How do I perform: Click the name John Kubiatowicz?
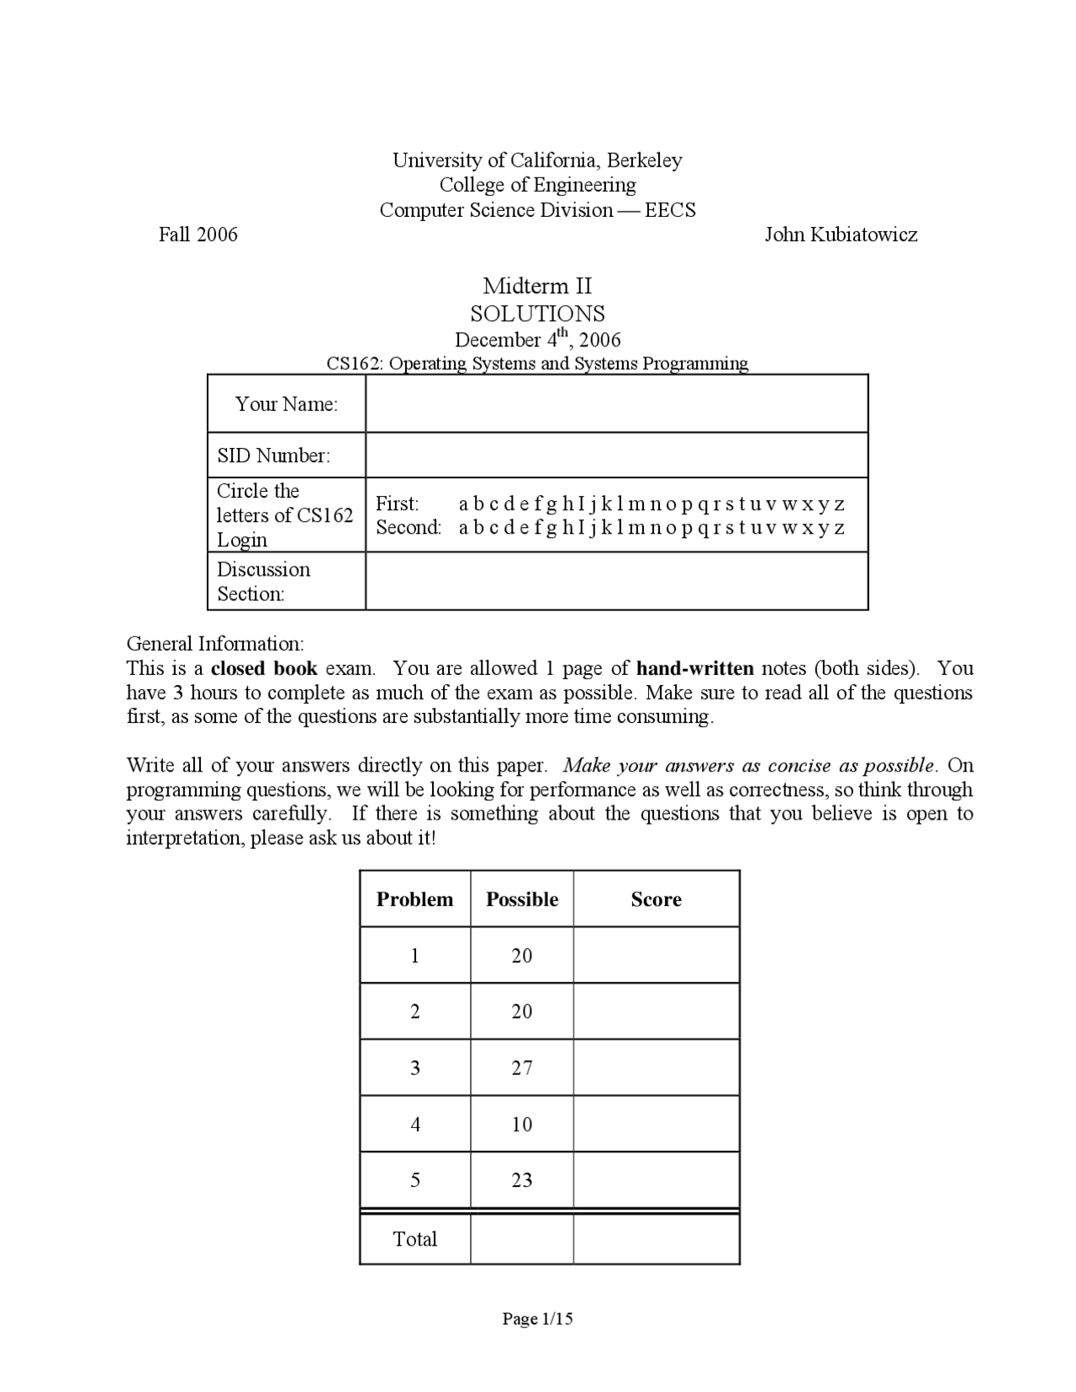[x=840, y=235]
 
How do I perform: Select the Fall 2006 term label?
[x=198, y=235]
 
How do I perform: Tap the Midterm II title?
[x=537, y=286]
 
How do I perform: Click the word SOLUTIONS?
[x=537, y=314]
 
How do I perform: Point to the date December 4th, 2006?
[x=537, y=340]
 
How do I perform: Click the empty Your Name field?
[x=616, y=404]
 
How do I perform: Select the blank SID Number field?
[x=616, y=456]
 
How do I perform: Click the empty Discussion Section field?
[x=616, y=581]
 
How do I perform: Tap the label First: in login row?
[x=397, y=504]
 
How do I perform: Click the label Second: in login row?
[x=409, y=527]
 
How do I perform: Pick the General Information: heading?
[x=215, y=644]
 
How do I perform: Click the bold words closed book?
[x=264, y=668]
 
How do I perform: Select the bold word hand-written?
[x=695, y=668]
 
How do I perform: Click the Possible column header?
[x=522, y=899]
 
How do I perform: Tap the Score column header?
[x=656, y=899]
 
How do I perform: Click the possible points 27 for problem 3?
[x=522, y=1068]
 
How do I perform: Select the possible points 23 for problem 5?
[x=522, y=1180]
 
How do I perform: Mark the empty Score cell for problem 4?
[x=656, y=1124]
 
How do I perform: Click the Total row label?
[x=415, y=1239]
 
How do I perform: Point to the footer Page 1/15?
[x=537, y=1319]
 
